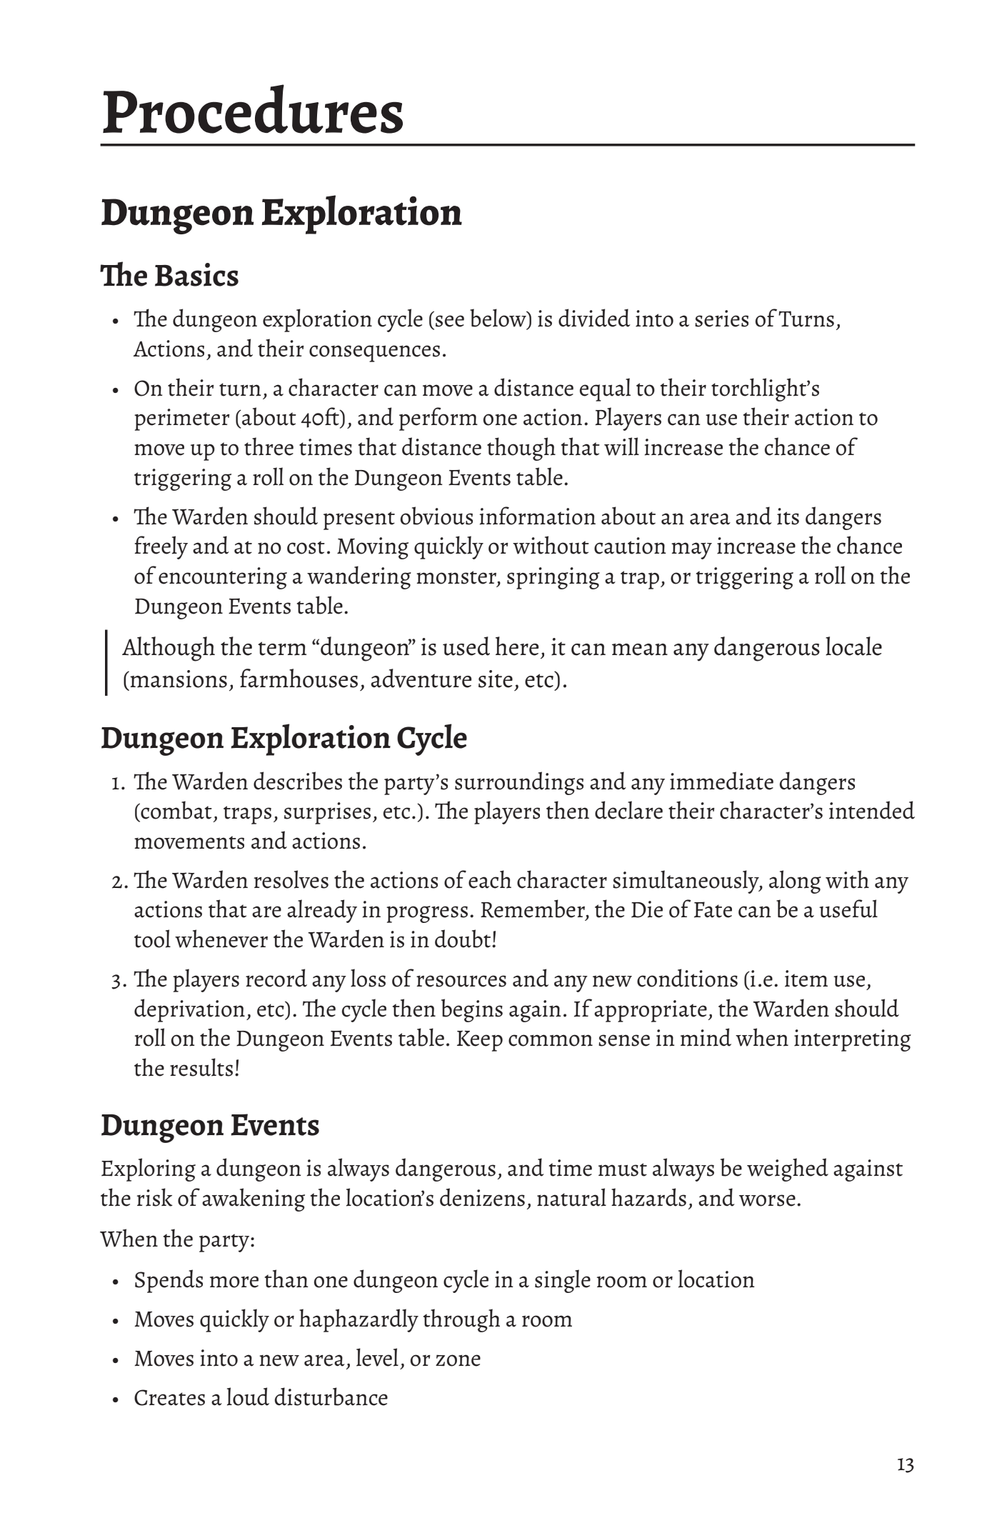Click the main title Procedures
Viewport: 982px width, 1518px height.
pyautogui.click(x=253, y=112)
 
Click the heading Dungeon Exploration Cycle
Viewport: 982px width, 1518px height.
pyautogui.click(x=284, y=738)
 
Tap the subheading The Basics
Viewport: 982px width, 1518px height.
pyautogui.click(x=169, y=276)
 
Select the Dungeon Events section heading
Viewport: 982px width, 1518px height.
pyautogui.click(x=209, y=1125)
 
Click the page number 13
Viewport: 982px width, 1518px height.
pyautogui.click(x=905, y=1465)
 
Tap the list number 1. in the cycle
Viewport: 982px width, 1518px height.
pyautogui.click(x=119, y=783)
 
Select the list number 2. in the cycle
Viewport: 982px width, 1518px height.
pyautogui.click(x=119, y=882)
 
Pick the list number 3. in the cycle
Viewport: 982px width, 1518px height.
pyautogui.click(x=119, y=980)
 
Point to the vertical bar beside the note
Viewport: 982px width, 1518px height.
pyautogui.click(x=106, y=662)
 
